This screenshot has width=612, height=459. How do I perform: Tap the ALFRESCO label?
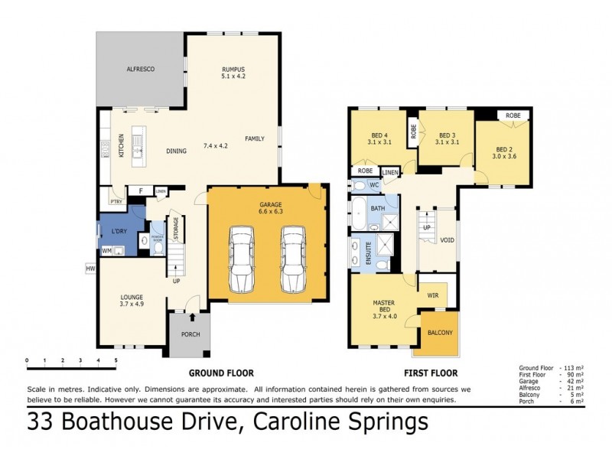[140, 70]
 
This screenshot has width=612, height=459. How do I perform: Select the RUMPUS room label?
[233, 70]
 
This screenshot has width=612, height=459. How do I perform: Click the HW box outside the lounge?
[90, 268]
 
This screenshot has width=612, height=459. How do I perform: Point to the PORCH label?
[190, 334]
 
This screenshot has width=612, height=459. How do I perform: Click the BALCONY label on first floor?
[440, 333]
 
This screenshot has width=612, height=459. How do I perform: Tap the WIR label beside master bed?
[433, 293]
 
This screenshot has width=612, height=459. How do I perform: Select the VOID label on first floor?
[448, 240]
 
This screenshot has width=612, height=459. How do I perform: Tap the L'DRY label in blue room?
[119, 231]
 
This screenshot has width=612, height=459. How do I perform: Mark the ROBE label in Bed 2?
[513, 115]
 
